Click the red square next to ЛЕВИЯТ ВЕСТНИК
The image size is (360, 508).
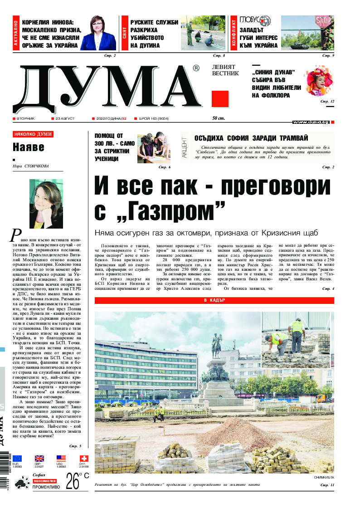[220, 98]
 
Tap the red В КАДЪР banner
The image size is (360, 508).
[214, 300]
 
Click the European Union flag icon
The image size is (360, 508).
[17, 459]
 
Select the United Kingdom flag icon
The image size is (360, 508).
[39, 459]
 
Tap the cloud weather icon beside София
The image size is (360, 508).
[20, 483]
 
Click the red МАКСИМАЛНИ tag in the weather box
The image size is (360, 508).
[44, 481]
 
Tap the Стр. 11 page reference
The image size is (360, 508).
[327, 485]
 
